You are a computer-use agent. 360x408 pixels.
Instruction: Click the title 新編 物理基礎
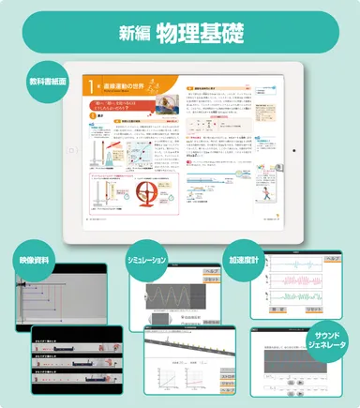click(x=180, y=35)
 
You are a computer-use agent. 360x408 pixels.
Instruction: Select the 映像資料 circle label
click(x=35, y=259)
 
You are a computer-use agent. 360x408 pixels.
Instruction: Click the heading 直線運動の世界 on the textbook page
click(x=126, y=86)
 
